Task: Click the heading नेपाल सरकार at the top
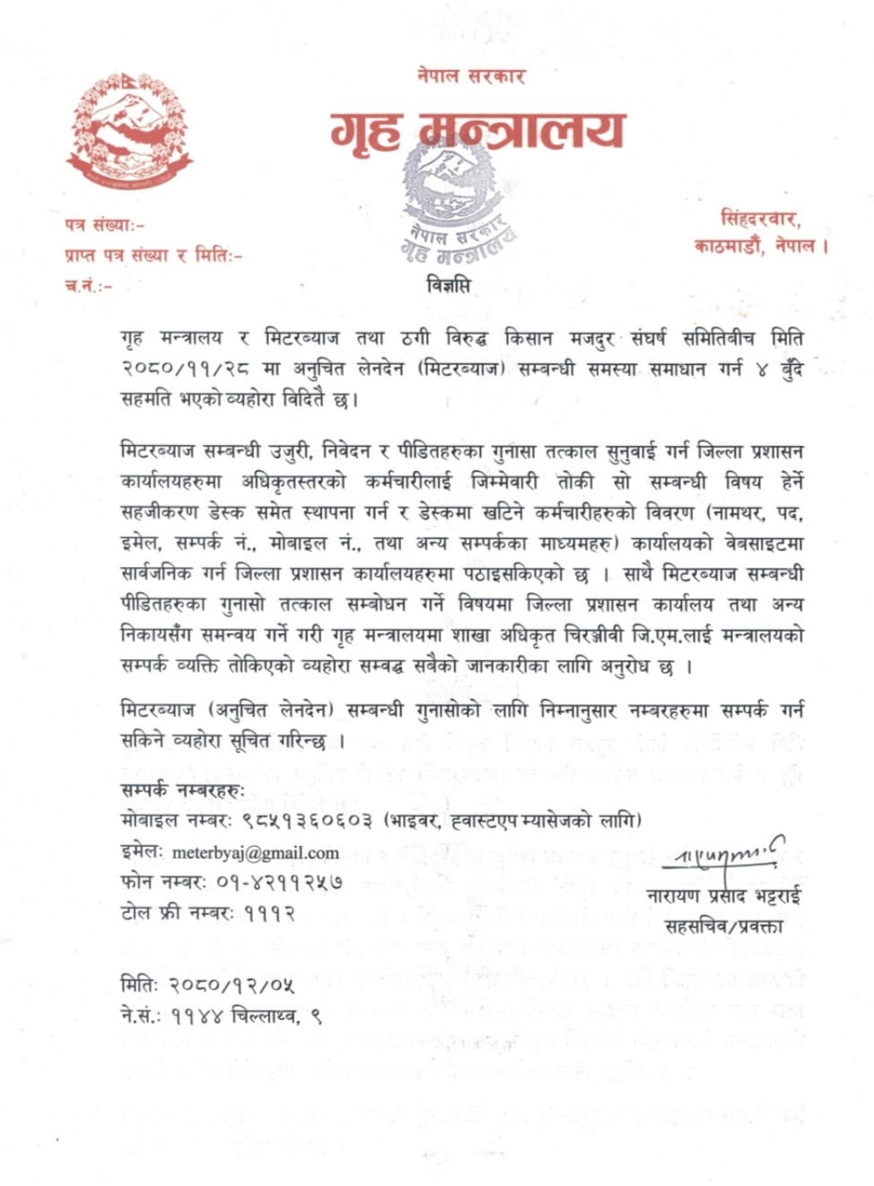(470, 75)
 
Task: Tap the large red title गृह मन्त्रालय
(476, 132)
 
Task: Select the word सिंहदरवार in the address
(759, 218)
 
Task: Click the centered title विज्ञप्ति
(448, 286)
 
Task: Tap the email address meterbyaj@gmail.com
(255, 852)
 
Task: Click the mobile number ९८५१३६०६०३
(306, 820)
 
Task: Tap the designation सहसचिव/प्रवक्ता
(724, 925)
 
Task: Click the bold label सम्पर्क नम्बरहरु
(182, 790)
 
